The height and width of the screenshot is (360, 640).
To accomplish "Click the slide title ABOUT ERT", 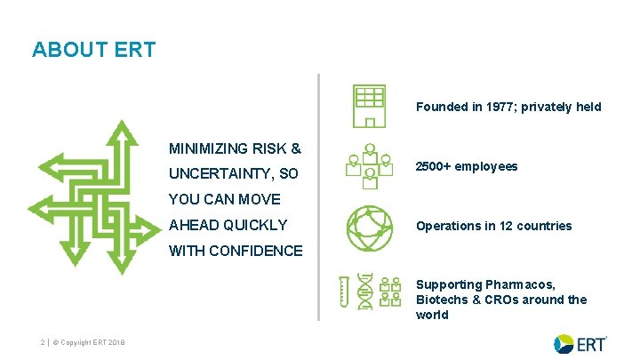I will (93, 50).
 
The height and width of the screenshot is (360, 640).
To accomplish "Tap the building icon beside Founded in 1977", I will (368, 107).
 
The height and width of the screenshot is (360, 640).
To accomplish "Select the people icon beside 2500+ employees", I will (368, 166).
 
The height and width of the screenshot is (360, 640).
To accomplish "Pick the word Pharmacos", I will (520, 284).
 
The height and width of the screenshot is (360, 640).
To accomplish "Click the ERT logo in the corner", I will (580, 343).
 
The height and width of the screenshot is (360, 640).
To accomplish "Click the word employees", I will (487, 166).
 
